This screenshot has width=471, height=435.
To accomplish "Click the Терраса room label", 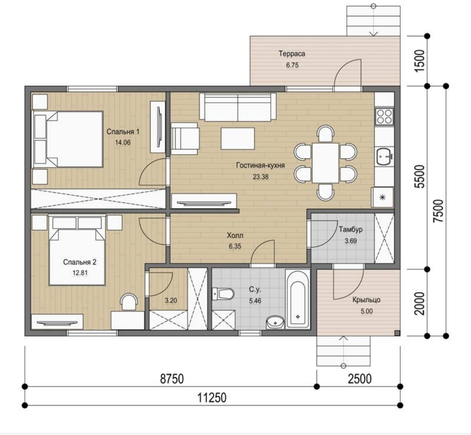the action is click(292, 54).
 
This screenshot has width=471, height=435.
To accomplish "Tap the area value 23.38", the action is click(260, 177).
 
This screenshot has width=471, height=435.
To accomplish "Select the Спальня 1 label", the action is click(123, 132).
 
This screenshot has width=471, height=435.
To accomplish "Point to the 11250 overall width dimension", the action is click(212, 398).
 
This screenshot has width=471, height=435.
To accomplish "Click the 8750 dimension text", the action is click(172, 378).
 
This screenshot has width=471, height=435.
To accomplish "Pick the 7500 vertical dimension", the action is click(438, 211).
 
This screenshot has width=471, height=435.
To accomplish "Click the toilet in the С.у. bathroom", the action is click(222, 293).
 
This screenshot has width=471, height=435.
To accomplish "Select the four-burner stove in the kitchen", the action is click(384, 116).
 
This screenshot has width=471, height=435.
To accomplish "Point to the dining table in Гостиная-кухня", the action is click(325, 163).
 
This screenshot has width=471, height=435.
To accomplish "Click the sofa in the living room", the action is click(238, 107).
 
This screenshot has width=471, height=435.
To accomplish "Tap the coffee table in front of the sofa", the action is click(238, 138).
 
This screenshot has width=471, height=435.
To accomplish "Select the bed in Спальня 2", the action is click(77, 250).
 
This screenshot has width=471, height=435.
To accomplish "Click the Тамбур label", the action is click(351, 229).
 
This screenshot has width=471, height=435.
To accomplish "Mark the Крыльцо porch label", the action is click(366, 300).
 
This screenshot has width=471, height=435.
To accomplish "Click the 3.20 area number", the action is click(171, 300).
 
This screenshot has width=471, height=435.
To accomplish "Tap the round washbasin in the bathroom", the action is click(275, 323).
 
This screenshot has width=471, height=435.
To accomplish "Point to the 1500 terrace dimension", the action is click(420, 61).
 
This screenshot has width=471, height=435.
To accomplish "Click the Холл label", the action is click(235, 236).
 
